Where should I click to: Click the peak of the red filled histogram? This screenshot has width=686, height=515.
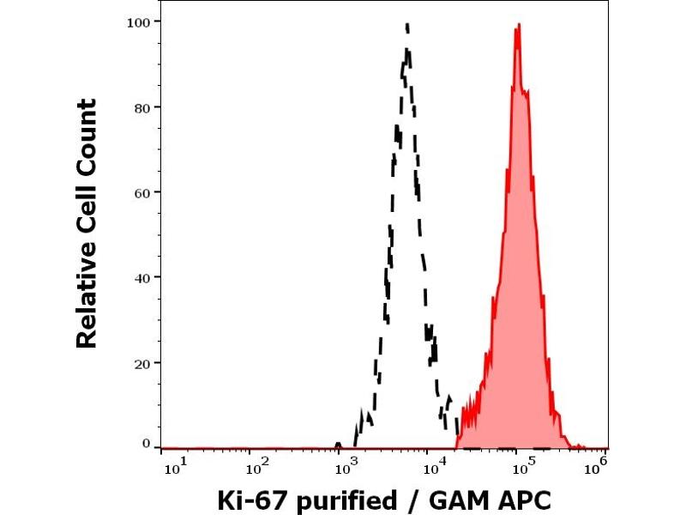[x=518, y=25]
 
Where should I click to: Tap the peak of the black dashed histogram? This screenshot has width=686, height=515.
[x=407, y=23]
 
